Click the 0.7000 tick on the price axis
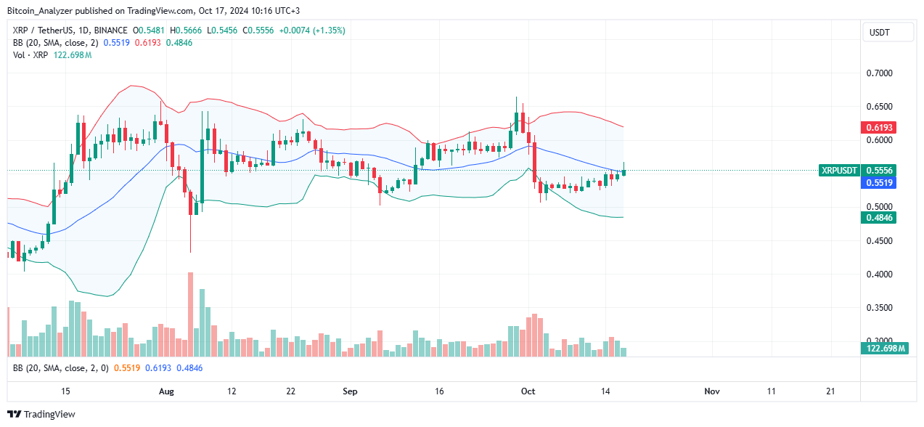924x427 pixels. click(881, 73)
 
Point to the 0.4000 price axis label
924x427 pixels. click(881, 274)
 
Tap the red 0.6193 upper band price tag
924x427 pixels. click(880, 127)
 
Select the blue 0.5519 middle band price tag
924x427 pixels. click(880, 183)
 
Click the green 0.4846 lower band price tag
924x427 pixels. click(880, 217)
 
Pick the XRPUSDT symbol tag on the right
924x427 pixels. click(839, 171)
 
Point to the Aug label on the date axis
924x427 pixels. click(167, 391)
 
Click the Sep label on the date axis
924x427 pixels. click(350, 391)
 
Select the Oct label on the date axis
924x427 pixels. click(528, 391)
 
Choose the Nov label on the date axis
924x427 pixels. click(711, 391)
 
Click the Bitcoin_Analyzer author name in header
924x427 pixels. click(44, 11)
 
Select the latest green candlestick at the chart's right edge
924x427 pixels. click(624, 171)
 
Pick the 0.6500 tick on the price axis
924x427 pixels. click(881, 107)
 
